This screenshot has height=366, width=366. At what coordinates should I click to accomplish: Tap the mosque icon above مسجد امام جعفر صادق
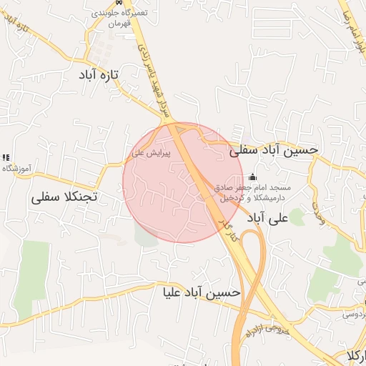250,177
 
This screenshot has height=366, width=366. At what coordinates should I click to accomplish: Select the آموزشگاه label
19,168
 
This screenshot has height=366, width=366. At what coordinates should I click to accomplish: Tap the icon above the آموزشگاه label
6,157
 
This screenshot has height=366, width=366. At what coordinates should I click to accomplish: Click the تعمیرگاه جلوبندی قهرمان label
117,18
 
